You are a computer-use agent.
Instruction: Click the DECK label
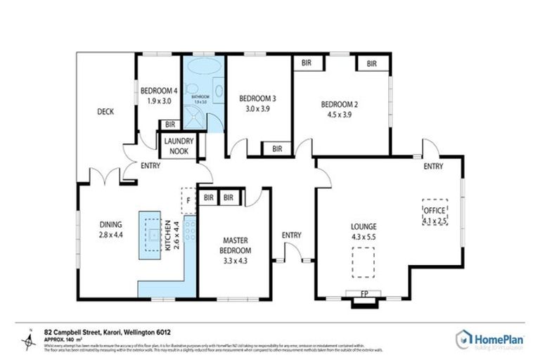point(105,111)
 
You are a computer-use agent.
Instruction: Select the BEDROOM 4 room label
point(158,90)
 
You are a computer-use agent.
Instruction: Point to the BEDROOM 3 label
point(257,98)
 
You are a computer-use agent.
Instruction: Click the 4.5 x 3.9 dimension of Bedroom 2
point(339,115)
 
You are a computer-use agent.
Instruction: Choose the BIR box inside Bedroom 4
point(169,124)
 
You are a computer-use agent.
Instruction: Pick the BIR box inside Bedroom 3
point(277,148)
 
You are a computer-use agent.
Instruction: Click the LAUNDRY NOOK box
point(179,146)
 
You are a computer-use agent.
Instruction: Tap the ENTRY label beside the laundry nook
point(150,166)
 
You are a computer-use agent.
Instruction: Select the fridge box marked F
point(188,200)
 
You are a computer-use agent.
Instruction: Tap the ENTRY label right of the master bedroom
point(291,235)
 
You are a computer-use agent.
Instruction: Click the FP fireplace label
point(364,292)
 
